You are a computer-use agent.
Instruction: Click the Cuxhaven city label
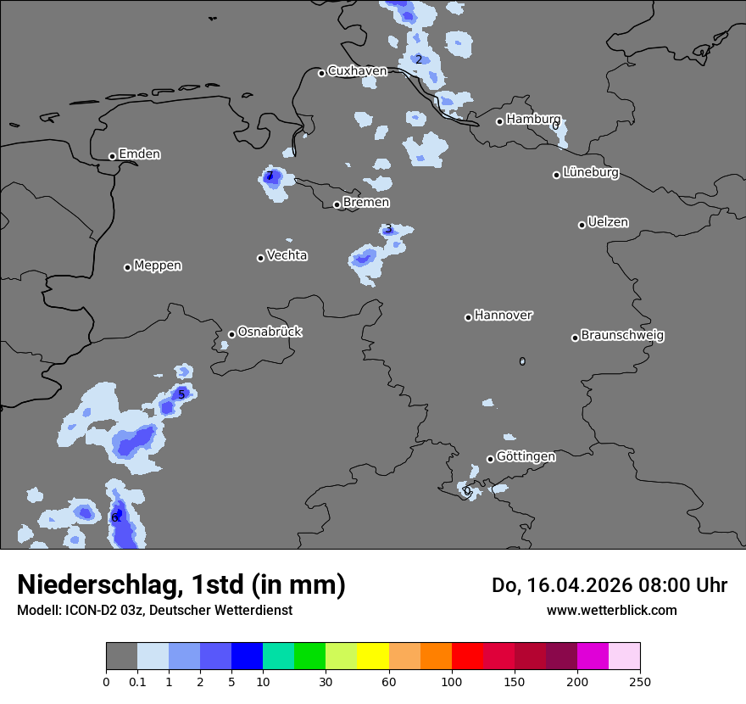(357, 71)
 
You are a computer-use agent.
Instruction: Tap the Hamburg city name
(533, 120)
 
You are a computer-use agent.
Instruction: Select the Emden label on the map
(139, 154)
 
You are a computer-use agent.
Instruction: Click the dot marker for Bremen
(337, 204)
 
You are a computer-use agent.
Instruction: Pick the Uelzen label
(608, 223)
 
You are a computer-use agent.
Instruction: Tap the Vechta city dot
(260, 258)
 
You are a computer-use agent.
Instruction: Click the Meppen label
(158, 265)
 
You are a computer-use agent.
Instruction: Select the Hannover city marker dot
(468, 317)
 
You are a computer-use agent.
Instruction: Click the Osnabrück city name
(270, 332)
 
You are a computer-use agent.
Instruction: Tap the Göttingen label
(526, 457)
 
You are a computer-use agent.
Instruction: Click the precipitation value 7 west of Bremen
(270, 176)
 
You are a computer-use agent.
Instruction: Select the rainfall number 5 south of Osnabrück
(181, 394)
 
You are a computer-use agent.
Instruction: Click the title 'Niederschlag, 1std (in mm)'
(181, 585)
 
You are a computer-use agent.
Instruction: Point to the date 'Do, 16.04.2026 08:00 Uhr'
(610, 585)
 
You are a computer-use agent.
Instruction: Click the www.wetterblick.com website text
(611, 611)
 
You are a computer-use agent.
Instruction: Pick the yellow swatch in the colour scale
(373, 657)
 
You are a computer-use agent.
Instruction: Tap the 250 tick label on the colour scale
(640, 681)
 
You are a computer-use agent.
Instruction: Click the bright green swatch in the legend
(309, 657)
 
